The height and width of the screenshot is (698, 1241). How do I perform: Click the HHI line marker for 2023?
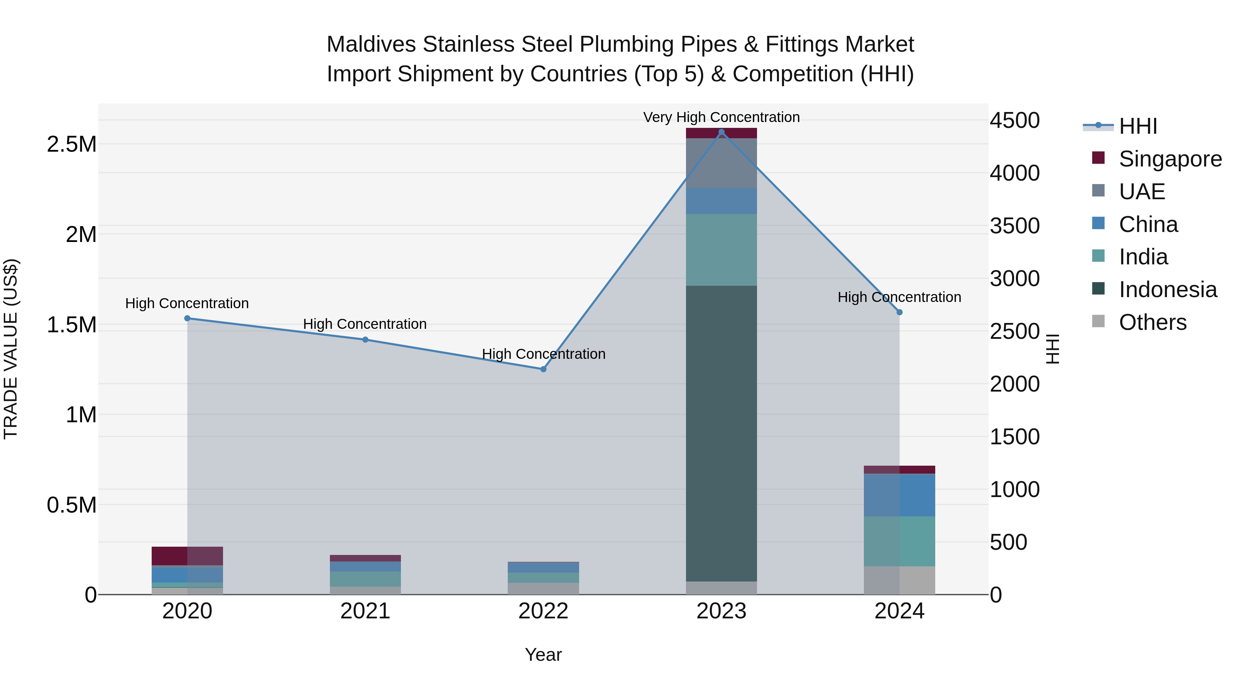click(x=721, y=132)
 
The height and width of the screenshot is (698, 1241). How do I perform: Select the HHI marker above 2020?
click(x=188, y=318)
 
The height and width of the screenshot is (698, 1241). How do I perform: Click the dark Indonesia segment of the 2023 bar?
click(x=721, y=434)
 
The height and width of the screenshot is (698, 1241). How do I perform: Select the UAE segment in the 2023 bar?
click(x=721, y=163)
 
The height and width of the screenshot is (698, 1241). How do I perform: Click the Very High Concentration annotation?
click(x=721, y=117)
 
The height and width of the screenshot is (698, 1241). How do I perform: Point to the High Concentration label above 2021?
click(x=365, y=324)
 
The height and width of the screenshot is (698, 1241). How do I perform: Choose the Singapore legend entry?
click(x=1170, y=159)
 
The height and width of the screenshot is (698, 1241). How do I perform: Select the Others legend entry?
click(x=1152, y=322)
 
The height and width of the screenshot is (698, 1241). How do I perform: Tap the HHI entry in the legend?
click(x=1138, y=126)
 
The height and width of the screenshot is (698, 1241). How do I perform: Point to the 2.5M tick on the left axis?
click(x=71, y=144)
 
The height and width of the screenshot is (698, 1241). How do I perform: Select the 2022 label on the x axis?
click(x=543, y=611)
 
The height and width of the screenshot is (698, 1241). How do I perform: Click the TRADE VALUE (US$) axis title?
click(x=11, y=349)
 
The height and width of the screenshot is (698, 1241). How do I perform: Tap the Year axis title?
click(x=543, y=655)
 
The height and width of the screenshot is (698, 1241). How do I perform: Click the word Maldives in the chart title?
click(x=371, y=44)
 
